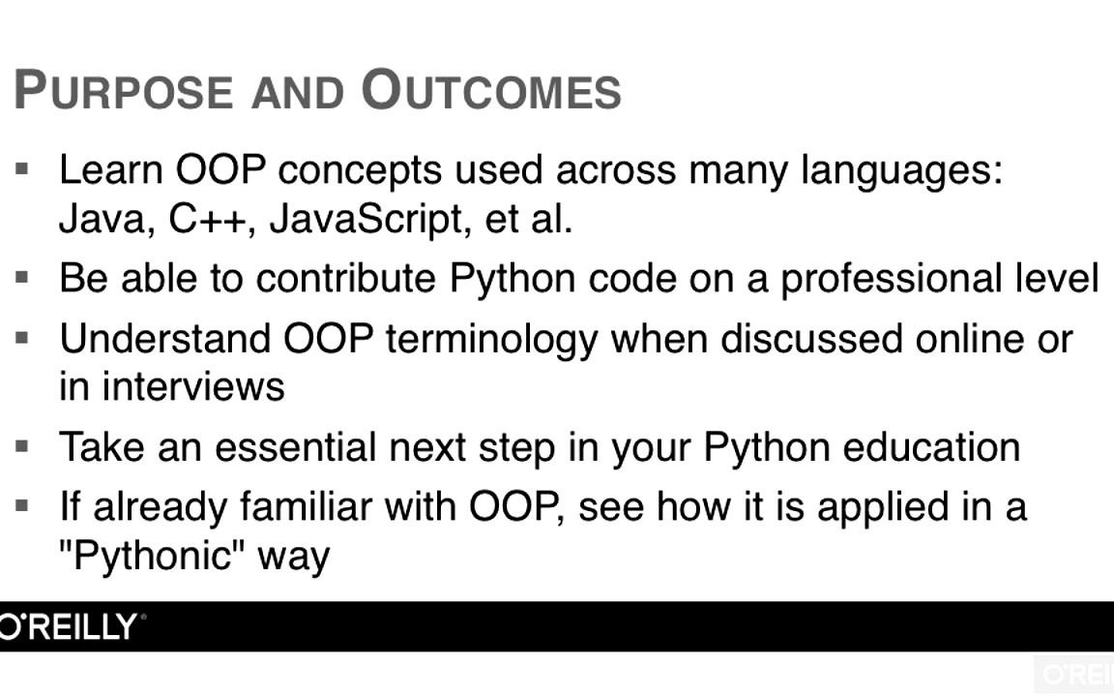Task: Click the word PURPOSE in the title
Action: [x=123, y=90]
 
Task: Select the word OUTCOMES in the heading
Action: [x=491, y=90]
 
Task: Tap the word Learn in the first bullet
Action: [x=111, y=170]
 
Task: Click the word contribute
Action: [x=345, y=278]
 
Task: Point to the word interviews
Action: [x=192, y=387]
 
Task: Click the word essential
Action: [x=295, y=447]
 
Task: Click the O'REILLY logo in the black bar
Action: [x=69, y=626]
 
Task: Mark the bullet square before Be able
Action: [x=22, y=277]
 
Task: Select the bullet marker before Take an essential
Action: [x=22, y=446]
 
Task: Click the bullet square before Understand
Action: [x=22, y=338]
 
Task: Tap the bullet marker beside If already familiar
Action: [x=22, y=506]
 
